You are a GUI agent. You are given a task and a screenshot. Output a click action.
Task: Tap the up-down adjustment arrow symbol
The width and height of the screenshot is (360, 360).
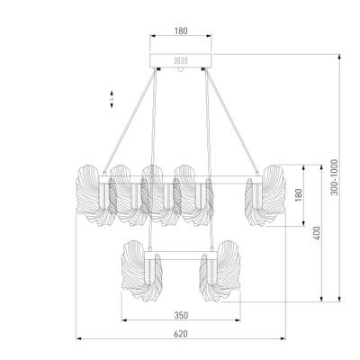click(110, 96)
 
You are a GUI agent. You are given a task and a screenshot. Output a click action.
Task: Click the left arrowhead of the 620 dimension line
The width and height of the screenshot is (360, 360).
click(77, 339)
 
